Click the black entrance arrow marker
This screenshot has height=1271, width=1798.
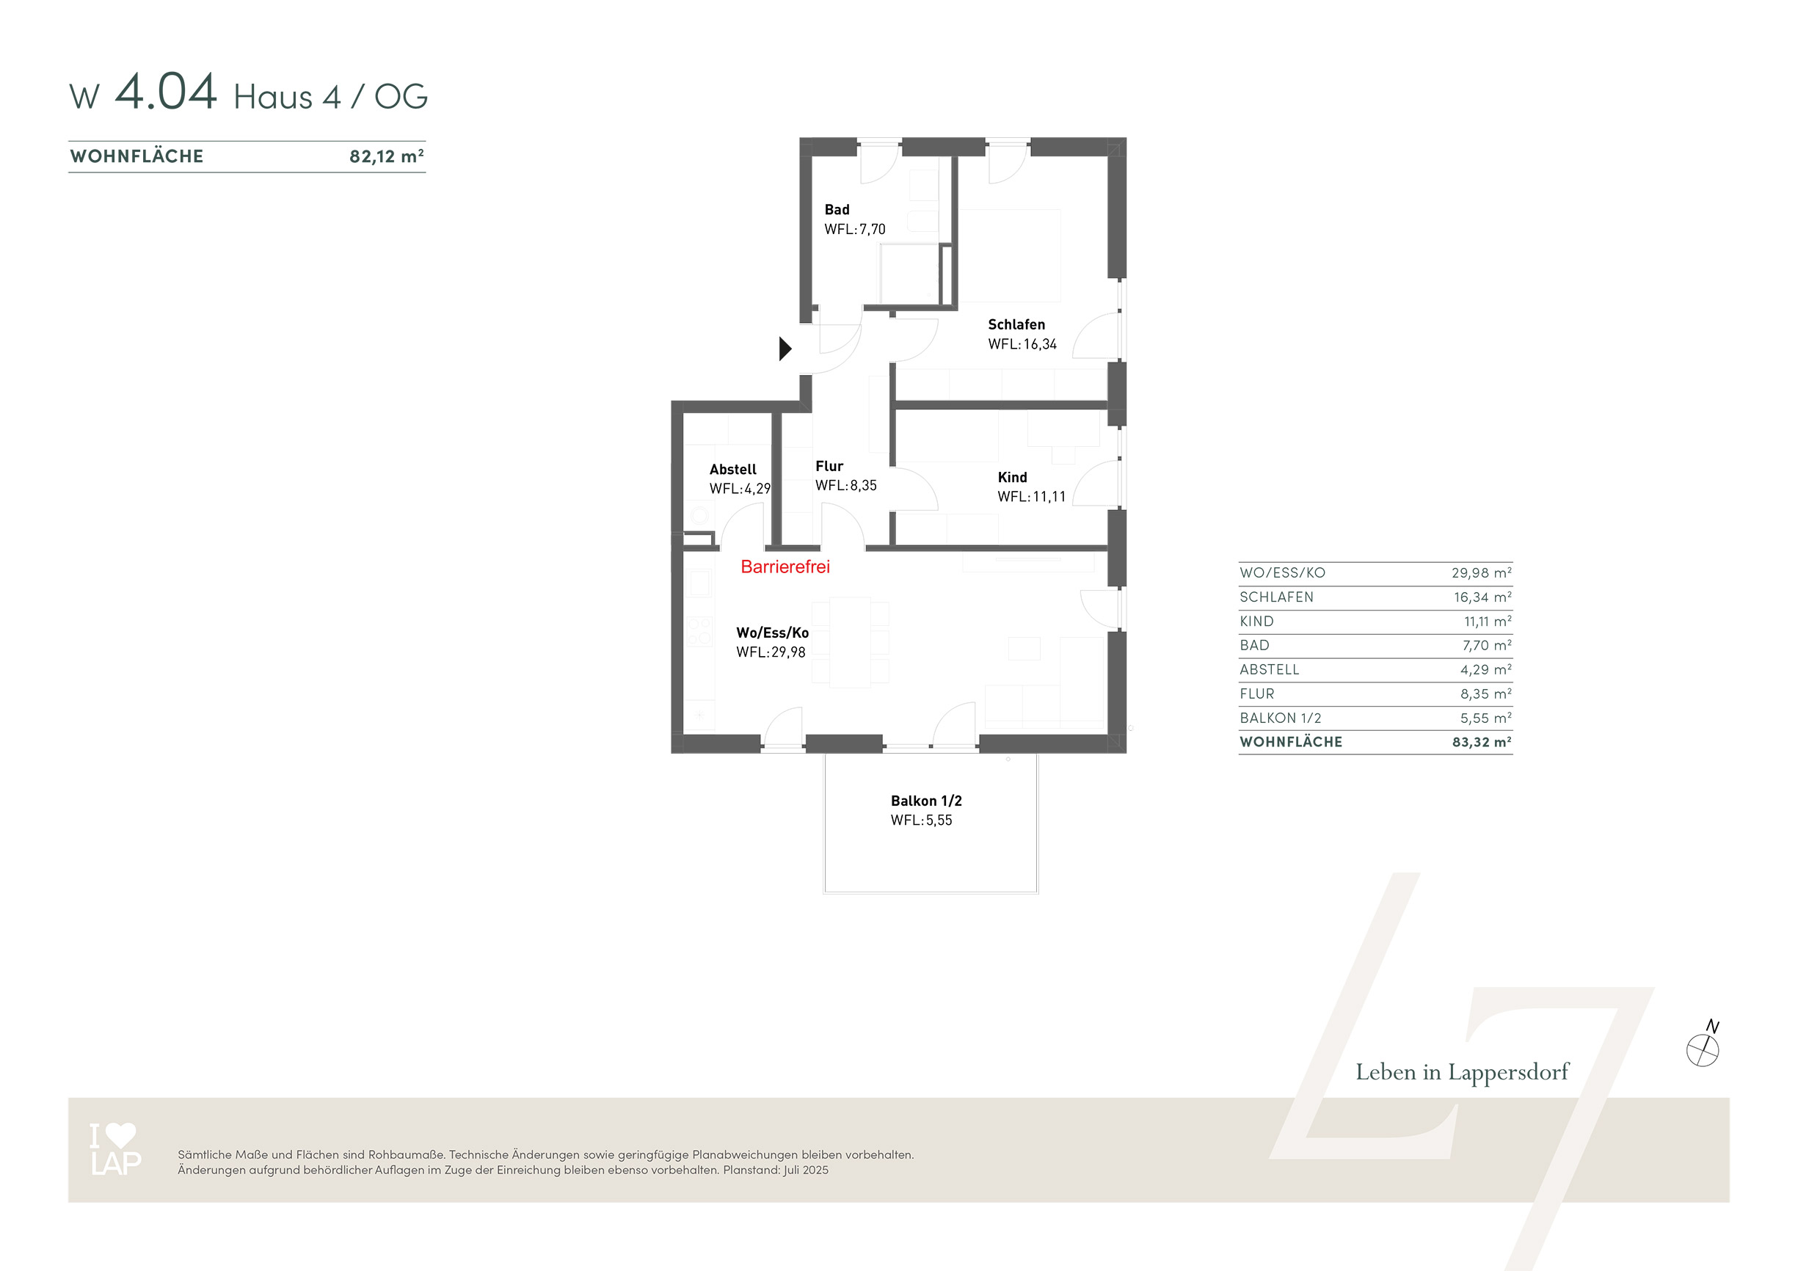tap(785, 349)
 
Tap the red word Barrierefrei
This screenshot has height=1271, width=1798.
tap(785, 567)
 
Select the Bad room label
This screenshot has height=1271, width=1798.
tap(837, 210)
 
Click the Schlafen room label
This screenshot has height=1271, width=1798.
tap(1016, 324)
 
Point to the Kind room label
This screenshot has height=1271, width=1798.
tap(1012, 477)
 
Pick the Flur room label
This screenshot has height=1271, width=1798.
tap(829, 466)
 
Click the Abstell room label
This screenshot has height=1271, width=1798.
tap(732, 469)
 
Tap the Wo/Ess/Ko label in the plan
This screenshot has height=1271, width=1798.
tap(772, 633)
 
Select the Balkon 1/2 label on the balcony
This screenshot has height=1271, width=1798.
tap(925, 801)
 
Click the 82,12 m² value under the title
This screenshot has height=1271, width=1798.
tap(387, 156)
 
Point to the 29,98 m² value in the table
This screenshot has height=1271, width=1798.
tap(1481, 572)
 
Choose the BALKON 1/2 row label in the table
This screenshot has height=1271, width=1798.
tap(1280, 718)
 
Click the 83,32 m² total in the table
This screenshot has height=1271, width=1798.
tap(1481, 742)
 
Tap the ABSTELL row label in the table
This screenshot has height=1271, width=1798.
tap(1269, 669)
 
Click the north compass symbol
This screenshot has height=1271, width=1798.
tap(1703, 1046)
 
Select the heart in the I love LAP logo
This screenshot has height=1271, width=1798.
tap(120, 1135)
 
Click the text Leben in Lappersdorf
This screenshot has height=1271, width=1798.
tap(1462, 1072)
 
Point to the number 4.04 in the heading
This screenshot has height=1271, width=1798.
tap(165, 91)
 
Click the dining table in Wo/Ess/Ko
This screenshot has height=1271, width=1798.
tap(850, 642)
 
